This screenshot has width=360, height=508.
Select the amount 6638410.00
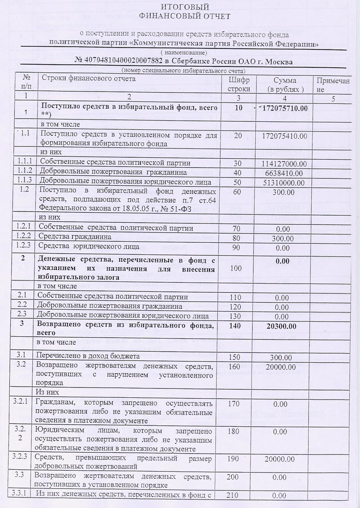[283, 173]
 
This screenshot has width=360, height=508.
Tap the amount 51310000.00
[283, 183]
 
